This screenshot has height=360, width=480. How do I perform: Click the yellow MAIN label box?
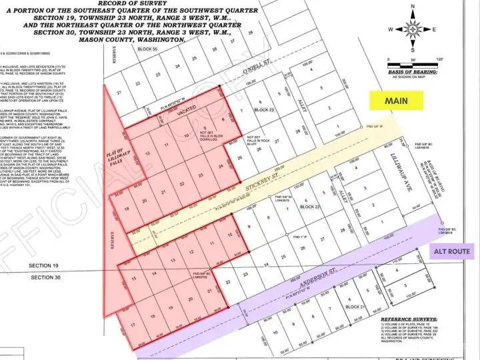(395, 101)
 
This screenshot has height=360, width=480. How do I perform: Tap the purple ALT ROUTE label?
(453, 252)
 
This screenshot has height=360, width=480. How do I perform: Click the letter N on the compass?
(413, 7)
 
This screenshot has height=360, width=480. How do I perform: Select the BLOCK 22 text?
(311, 207)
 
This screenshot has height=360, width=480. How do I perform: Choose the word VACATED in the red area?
(187, 115)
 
